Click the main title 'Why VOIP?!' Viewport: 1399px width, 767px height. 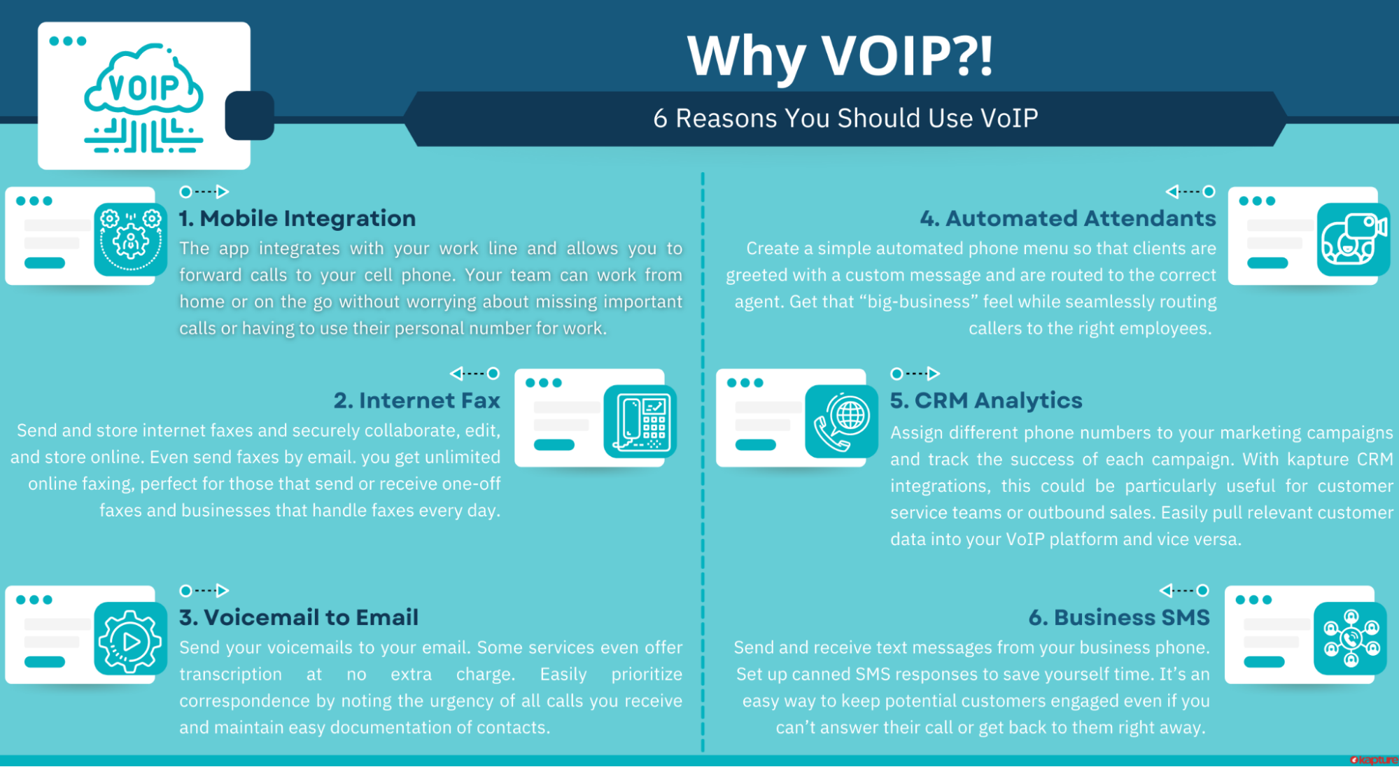(840, 56)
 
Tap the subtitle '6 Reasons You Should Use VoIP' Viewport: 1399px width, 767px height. (845, 118)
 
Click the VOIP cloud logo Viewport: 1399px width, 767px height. (144, 98)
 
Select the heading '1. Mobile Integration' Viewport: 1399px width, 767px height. (297, 218)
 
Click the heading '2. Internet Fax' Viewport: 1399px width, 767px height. (417, 400)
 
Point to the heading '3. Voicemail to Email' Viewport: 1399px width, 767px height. (299, 617)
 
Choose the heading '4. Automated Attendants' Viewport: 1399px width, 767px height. (1068, 218)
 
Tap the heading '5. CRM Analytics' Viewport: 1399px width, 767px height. (986, 400)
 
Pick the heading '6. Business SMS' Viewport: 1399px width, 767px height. (1119, 617)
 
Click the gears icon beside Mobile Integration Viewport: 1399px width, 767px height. (131, 239)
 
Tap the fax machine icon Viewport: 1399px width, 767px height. (640, 421)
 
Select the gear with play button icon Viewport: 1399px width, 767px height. (131, 638)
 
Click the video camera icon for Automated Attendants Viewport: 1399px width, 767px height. (1354, 239)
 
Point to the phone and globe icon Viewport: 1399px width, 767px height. (842, 421)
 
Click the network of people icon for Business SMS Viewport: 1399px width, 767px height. (1351, 638)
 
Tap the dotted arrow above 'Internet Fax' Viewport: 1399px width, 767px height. (474, 373)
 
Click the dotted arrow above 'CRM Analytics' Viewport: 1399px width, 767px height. (915, 373)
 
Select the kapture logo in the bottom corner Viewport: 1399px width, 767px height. (1373, 760)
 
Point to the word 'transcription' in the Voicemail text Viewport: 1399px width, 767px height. (230, 675)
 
